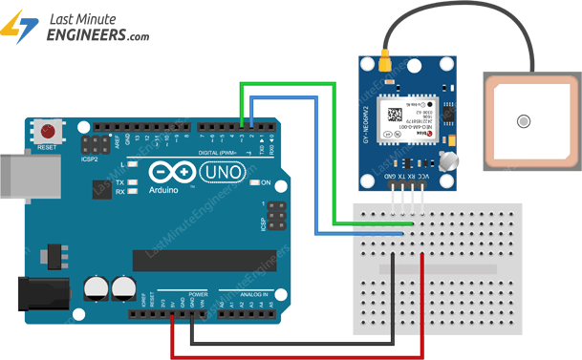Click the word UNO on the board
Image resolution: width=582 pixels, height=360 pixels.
[x=226, y=171]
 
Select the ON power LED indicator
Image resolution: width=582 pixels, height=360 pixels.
[x=254, y=181]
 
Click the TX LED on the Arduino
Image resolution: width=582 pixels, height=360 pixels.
[x=132, y=181]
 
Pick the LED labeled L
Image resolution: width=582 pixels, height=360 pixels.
[x=132, y=165]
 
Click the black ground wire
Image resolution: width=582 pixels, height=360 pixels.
[x=287, y=341]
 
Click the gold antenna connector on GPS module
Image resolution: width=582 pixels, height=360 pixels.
[x=385, y=64]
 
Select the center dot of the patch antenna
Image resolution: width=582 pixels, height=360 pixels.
[x=523, y=121]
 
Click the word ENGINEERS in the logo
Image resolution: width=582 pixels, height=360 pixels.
[x=84, y=34]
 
